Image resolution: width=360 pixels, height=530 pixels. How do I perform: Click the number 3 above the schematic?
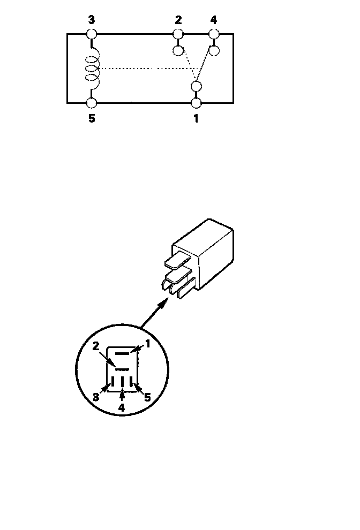pyautogui.click(x=92, y=20)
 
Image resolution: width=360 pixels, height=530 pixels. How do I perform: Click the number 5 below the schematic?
pyautogui.click(x=92, y=118)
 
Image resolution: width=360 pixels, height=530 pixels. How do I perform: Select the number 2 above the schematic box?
pyautogui.click(x=178, y=20)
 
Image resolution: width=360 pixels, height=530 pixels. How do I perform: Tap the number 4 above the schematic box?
pyautogui.click(x=214, y=20)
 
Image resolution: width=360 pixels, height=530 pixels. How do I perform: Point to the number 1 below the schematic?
pyautogui.click(x=196, y=118)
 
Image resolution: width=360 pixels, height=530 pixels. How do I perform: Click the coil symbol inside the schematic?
pyautogui.click(x=93, y=70)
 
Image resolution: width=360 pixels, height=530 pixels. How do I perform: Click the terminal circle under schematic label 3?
pyautogui.click(x=92, y=34)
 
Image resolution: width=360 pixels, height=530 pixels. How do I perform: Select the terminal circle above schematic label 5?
pyautogui.click(x=92, y=102)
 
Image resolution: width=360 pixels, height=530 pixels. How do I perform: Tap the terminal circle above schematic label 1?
pyautogui.click(x=197, y=102)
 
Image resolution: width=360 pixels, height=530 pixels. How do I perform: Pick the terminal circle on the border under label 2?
pyautogui.click(x=178, y=34)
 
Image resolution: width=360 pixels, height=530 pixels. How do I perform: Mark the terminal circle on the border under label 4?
pyautogui.click(x=214, y=34)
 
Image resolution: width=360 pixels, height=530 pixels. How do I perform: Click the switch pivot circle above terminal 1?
pyautogui.click(x=197, y=86)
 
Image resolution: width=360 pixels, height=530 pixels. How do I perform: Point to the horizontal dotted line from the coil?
pyautogui.click(x=145, y=69)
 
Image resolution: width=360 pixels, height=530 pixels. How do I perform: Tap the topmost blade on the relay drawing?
pyautogui.click(x=177, y=262)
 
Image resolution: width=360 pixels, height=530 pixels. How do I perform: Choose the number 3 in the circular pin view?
pyautogui.click(x=96, y=397)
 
